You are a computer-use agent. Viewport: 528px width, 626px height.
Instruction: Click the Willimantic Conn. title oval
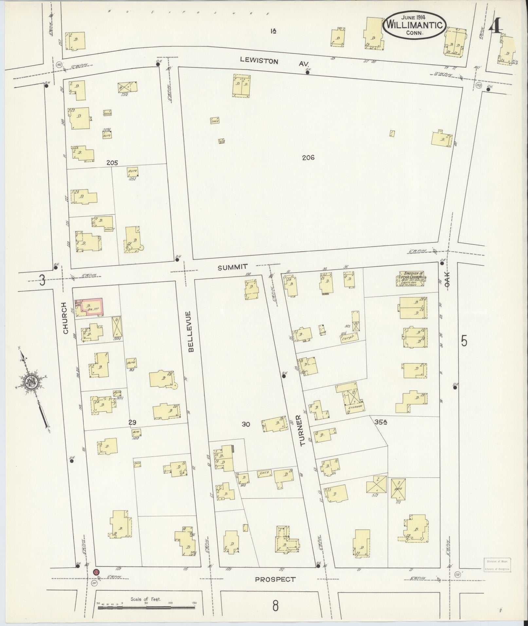click(414, 25)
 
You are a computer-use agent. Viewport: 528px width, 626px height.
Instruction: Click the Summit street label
click(233, 267)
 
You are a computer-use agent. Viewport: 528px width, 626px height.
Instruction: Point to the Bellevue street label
click(191, 331)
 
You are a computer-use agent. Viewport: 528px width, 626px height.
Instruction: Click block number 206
click(308, 158)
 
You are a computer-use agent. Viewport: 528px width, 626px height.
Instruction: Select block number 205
click(112, 163)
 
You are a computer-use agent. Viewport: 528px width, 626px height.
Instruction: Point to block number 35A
click(381, 422)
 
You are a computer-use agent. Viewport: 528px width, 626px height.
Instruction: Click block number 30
click(246, 424)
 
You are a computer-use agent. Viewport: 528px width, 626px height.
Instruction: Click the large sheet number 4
click(496, 25)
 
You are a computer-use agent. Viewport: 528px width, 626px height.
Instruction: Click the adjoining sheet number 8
click(275, 606)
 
